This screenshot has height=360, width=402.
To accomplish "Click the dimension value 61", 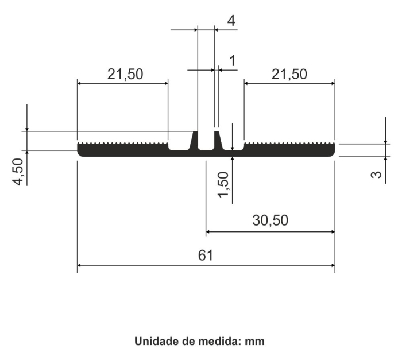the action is click(x=206, y=256).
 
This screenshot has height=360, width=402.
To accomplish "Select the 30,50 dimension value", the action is click(x=270, y=220).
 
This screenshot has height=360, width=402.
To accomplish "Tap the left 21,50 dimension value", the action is click(x=125, y=75).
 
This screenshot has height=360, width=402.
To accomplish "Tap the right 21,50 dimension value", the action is click(x=289, y=75).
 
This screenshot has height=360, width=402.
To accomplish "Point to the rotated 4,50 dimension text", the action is click(x=18, y=172).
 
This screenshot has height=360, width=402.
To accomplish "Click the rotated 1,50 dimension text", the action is click(x=223, y=185).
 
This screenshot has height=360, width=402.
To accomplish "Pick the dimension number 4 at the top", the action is click(x=231, y=21).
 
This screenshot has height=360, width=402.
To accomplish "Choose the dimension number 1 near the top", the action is click(x=232, y=61).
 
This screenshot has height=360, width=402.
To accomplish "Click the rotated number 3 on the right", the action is click(x=376, y=175).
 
